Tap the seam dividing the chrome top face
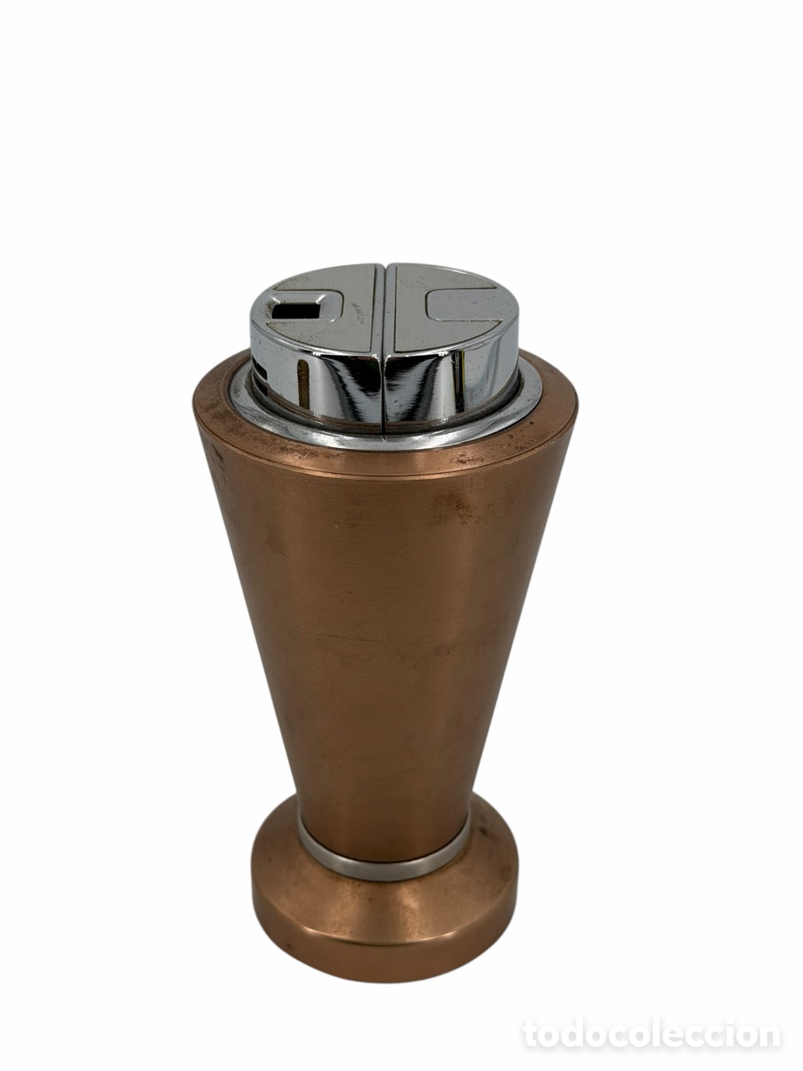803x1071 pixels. [385, 307]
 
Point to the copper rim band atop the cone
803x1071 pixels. [385, 459]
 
